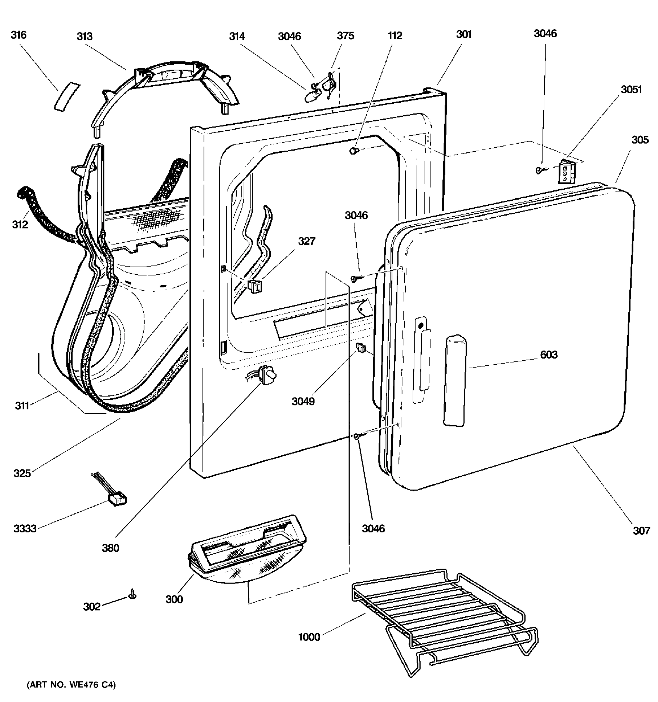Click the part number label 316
pyautogui.click(x=18, y=35)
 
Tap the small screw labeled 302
pyautogui.click(x=133, y=594)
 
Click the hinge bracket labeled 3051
pyautogui.click(x=566, y=172)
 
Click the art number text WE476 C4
pyautogui.click(x=71, y=685)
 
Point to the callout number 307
pyautogui.click(x=641, y=531)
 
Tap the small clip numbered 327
pyautogui.click(x=254, y=286)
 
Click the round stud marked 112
pyautogui.click(x=354, y=151)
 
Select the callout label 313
pyautogui.click(x=85, y=36)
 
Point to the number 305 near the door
pyautogui.click(x=640, y=140)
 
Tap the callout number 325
pyautogui.click(x=22, y=473)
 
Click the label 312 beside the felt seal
pyautogui.click(x=20, y=224)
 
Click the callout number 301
pyautogui.click(x=464, y=34)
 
